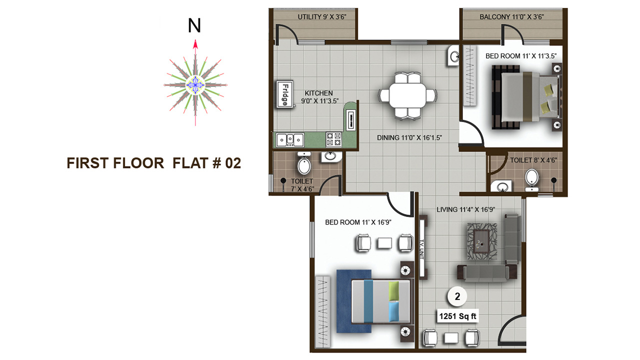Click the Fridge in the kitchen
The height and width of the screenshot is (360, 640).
point(285,94)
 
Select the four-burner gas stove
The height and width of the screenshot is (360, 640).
point(333,139)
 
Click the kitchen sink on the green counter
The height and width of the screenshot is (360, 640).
point(290,139)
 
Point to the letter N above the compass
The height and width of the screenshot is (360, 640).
point(194,25)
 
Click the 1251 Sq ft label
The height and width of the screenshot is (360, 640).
point(457,316)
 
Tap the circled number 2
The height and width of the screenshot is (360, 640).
point(457,296)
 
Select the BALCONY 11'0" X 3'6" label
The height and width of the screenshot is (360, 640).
point(511,17)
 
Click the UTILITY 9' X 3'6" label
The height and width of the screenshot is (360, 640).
point(322,17)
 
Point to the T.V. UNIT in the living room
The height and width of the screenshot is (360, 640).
point(422,247)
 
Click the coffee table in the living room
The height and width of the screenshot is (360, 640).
point(482,241)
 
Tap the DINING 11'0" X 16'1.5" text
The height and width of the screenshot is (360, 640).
point(409,137)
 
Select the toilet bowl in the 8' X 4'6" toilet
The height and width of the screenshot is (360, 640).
point(531,178)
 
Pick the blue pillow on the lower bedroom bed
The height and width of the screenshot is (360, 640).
point(394,312)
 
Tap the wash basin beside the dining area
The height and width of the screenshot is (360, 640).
point(453,56)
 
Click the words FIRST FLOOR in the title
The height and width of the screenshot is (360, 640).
point(115,163)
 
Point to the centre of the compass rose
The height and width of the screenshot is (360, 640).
point(195,85)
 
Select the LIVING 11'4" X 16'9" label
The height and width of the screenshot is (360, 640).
point(465,209)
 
